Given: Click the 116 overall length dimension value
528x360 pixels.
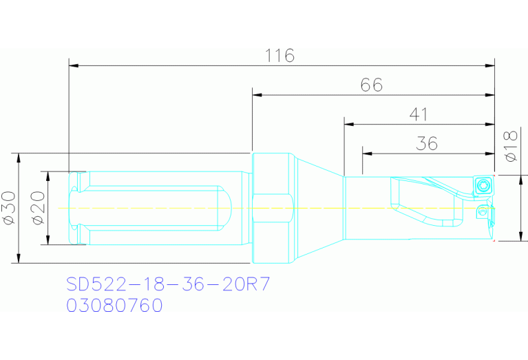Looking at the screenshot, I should pyautogui.click(x=280, y=56).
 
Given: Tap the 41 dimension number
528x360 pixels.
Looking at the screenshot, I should pyautogui.click(x=419, y=114).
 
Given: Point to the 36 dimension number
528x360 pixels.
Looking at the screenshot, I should pyautogui.click(x=427, y=143).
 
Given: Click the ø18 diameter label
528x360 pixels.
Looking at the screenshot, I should pyautogui.click(x=510, y=146).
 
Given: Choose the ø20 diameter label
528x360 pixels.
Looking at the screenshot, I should pyautogui.click(x=37, y=208).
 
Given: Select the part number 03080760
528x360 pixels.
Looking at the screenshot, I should pyautogui.click(x=114, y=305).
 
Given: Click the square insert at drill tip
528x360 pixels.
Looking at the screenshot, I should pyautogui.click(x=482, y=186).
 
